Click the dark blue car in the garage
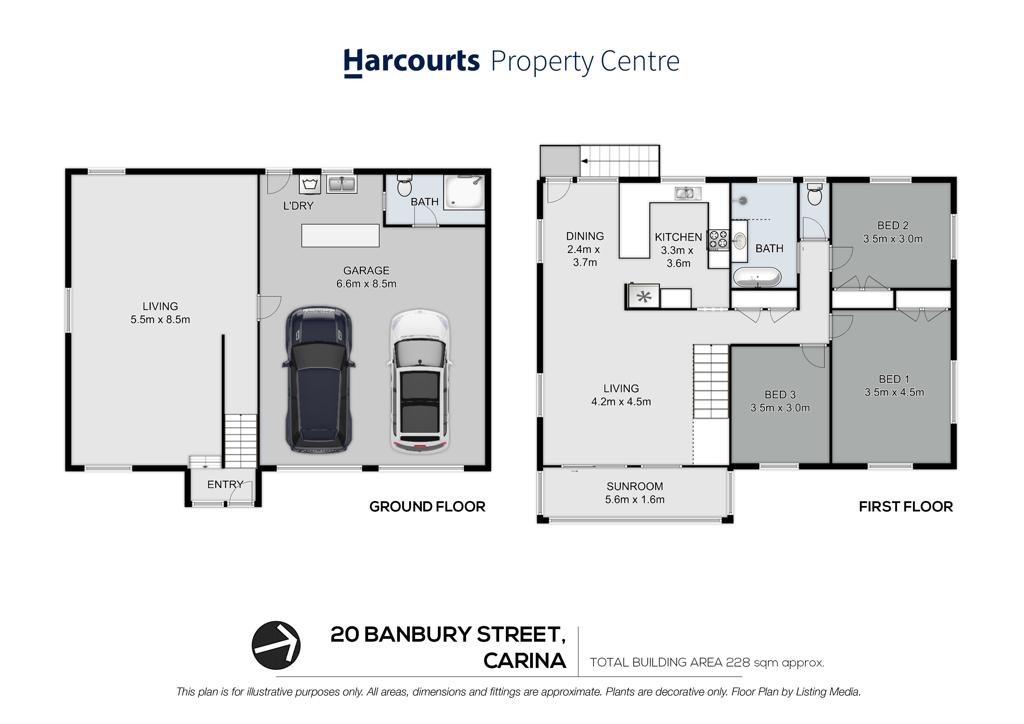(x=318, y=380)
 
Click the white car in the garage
(x=420, y=381)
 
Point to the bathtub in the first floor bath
(x=757, y=276)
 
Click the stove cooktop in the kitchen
(x=718, y=240)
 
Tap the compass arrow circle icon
(x=276, y=645)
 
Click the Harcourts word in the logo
(x=411, y=62)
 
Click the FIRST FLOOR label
(x=906, y=507)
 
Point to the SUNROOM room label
(x=635, y=486)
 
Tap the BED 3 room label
(x=780, y=394)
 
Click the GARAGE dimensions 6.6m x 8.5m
(x=366, y=284)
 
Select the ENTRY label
(x=225, y=484)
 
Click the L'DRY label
(x=298, y=206)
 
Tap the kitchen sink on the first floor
(x=688, y=193)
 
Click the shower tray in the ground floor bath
(x=464, y=192)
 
